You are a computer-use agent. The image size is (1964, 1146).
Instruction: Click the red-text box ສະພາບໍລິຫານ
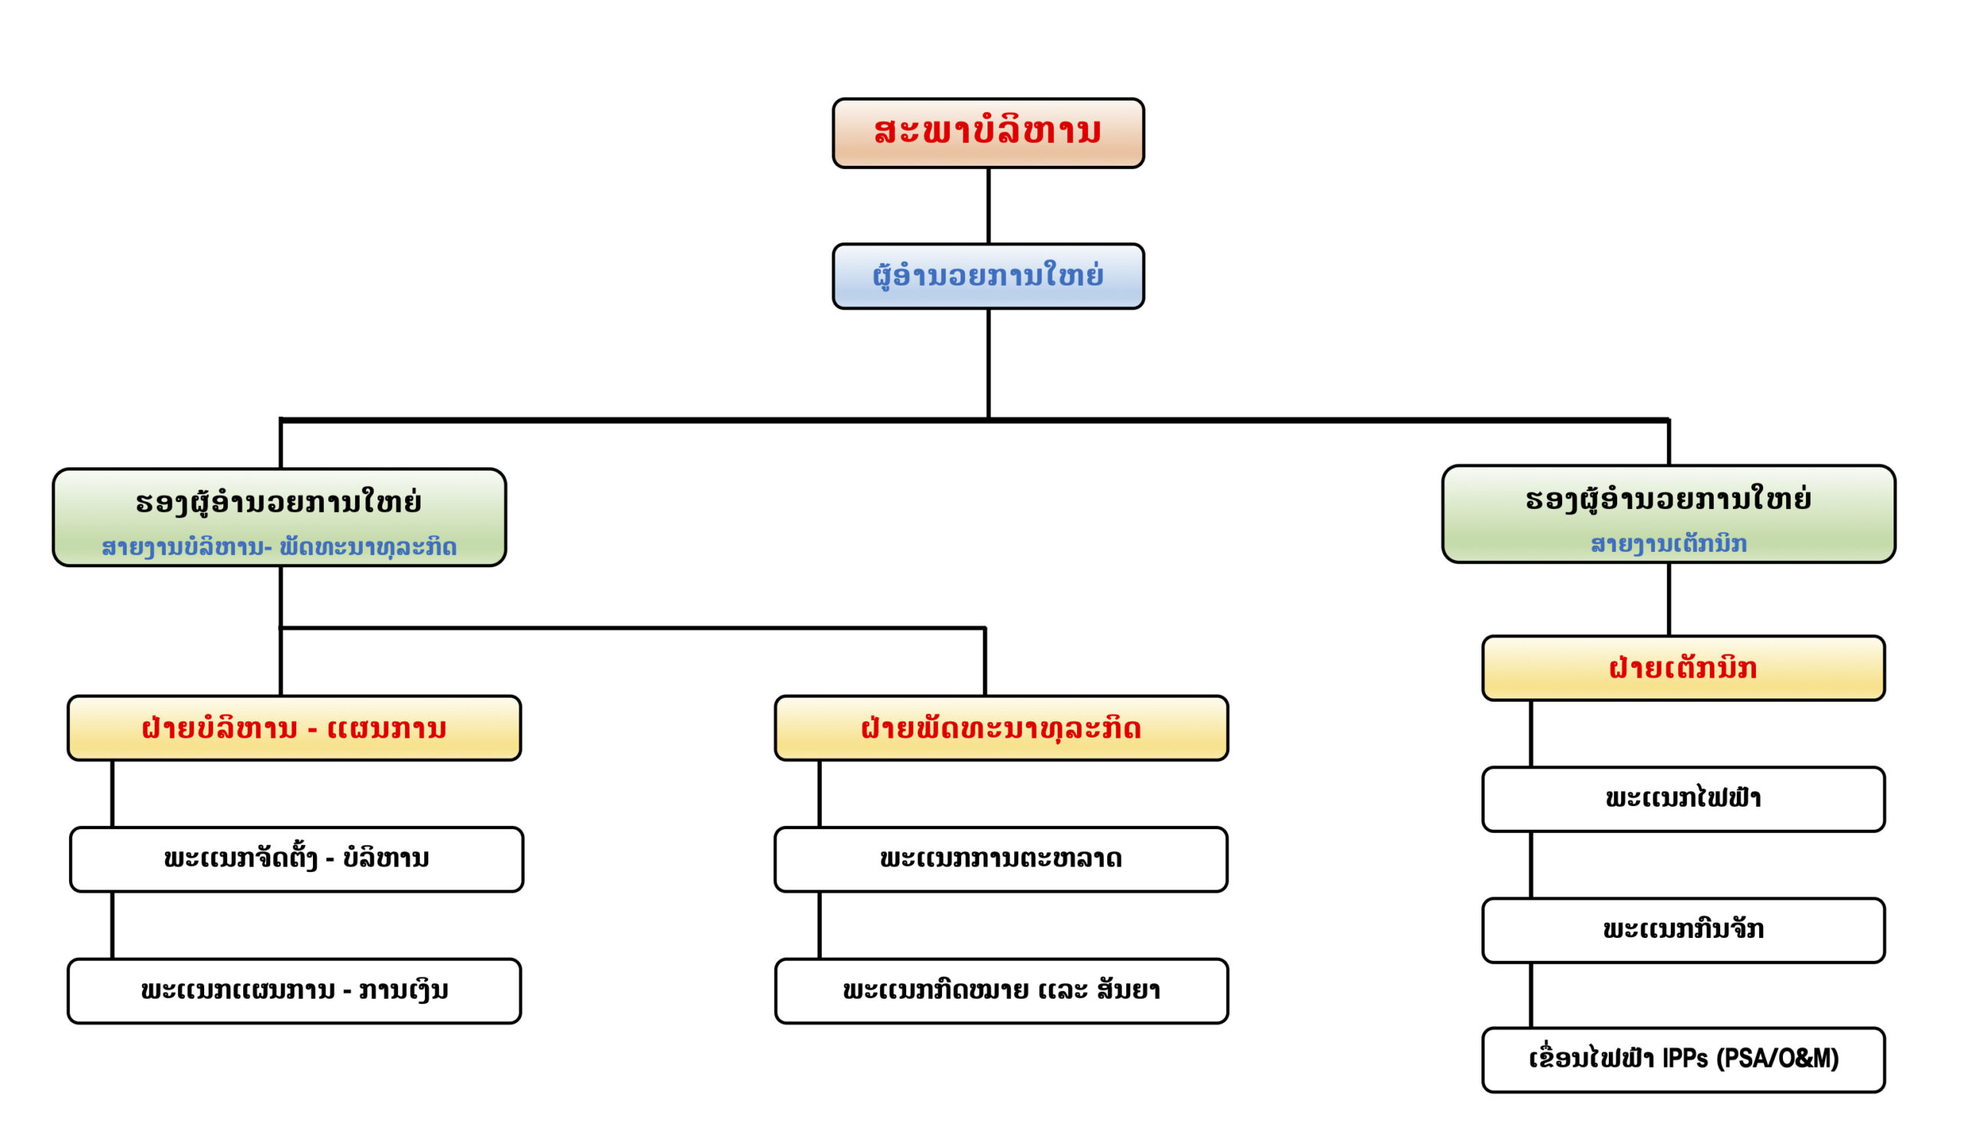click(988, 134)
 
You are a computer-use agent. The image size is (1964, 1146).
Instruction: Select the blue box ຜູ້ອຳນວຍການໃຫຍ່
click(988, 277)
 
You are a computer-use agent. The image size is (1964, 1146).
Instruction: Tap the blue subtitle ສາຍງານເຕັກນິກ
click(1669, 544)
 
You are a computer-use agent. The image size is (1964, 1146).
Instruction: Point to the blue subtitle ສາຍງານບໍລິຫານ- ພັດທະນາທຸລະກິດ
click(279, 547)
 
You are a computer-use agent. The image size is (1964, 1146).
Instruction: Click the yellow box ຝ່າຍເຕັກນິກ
click(1683, 668)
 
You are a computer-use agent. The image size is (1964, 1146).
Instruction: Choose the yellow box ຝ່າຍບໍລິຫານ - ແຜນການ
click(295, 728)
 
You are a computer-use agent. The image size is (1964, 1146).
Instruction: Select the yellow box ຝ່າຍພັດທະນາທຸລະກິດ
click(1001, 728)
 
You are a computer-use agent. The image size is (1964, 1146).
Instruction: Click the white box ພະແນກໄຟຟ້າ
click(1683, 800)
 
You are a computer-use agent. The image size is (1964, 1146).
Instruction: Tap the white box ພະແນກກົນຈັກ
click(1683, 931)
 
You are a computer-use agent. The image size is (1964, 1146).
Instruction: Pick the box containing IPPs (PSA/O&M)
click(1683, 1060)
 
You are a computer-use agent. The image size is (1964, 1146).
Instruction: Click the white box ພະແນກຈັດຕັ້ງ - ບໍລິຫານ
click(296, 860)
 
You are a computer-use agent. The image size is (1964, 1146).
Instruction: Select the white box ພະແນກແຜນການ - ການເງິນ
click(295, 991)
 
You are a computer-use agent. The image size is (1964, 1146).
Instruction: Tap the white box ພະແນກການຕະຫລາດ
click(1001, 860)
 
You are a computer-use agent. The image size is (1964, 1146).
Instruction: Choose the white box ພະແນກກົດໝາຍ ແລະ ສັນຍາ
click(1001, 991)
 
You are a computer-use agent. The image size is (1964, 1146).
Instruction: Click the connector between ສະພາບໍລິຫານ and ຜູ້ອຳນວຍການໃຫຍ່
click(988, 206)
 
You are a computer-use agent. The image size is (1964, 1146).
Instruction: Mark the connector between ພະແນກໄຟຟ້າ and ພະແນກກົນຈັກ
click(1531, 865)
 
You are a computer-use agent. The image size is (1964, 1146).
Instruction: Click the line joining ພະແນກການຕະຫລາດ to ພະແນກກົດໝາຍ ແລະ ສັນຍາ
click(819, 926)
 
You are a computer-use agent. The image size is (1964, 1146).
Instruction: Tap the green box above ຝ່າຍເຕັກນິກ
click(1669, 514)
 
